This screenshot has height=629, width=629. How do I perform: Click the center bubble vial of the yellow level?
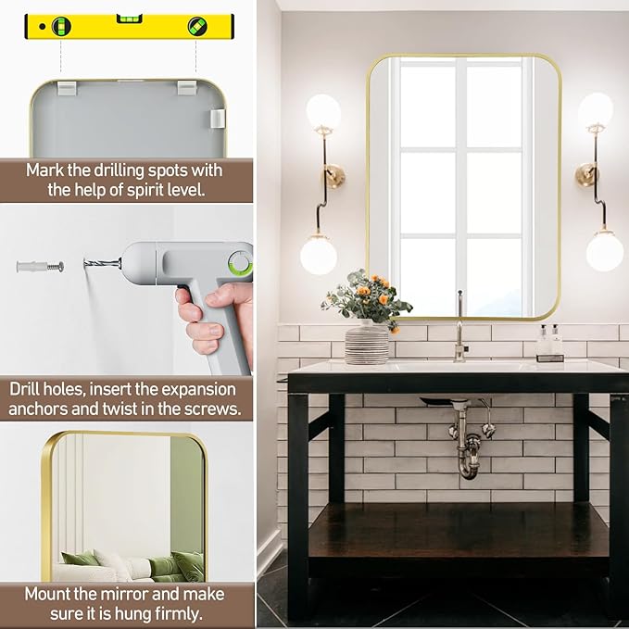tap(129, 19)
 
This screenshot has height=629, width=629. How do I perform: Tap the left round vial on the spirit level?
tap(61, 27)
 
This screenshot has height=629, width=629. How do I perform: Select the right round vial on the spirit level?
tap(197, 26)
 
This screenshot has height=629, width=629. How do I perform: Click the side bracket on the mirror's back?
tap(217, 119)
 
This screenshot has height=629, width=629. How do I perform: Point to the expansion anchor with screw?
tap(40, 266)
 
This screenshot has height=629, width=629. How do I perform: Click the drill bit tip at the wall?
tap(85, 264)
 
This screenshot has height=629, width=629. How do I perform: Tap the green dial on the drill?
tap(240, 263)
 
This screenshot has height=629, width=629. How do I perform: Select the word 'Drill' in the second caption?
tap(24, 389)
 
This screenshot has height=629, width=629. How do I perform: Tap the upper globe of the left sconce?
tap(323, 111)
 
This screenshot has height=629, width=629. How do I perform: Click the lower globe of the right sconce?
tap(605, 252)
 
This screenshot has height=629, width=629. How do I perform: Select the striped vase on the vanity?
tap(367, 344)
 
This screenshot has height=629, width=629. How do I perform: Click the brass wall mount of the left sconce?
tap(334, 175)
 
